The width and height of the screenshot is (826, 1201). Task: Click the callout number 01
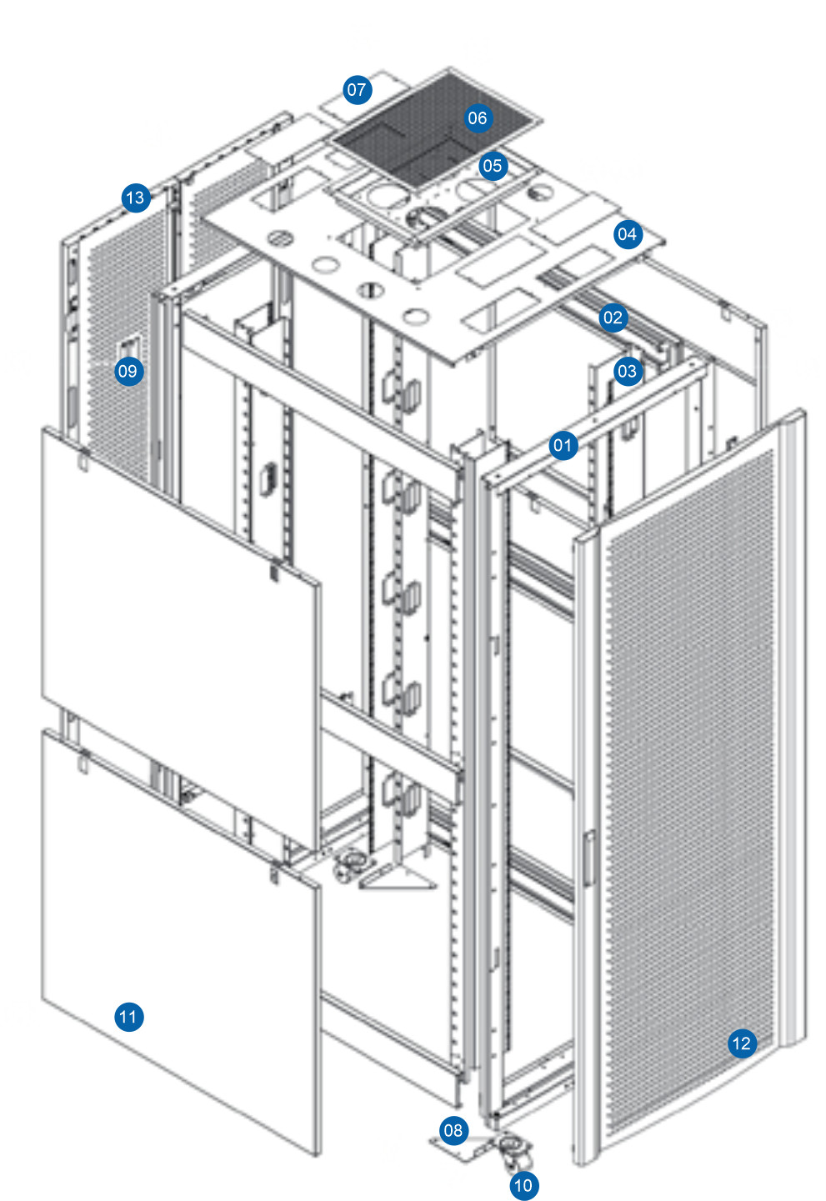[x=563, y=445]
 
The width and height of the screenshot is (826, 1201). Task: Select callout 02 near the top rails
[x=613, y=318]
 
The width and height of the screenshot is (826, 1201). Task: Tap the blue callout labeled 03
[x=627, y=372]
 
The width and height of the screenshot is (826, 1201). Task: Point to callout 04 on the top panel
[x=627, y=235]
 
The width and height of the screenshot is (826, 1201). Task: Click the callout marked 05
[x=493, y=166]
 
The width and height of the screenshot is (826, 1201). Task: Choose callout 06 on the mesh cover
[x=477, y=118]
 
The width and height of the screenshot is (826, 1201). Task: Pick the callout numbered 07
[x=357, y=90]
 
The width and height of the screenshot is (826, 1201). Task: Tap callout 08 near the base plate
[x=453, y=1130]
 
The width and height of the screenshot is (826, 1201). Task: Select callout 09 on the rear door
[x=128, y=371]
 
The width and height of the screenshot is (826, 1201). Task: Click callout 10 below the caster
[x=523, y=1185]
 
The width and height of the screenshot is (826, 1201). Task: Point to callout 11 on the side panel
[x=128, y=1017]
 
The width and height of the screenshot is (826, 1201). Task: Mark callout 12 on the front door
[x=741, y=1043]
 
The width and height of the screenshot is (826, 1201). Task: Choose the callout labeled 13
[x=135, y=198]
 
